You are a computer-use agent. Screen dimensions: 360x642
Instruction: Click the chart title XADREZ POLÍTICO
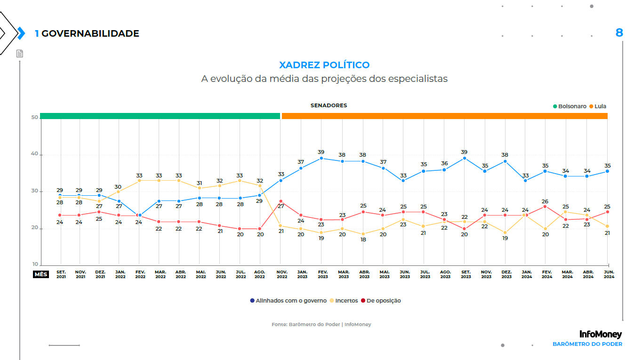coord(324,65)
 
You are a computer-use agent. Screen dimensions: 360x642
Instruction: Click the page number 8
coord(619,32)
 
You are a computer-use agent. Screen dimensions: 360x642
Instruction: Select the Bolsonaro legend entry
coord(570,106)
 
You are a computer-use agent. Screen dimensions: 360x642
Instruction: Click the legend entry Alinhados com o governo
coord(288,301)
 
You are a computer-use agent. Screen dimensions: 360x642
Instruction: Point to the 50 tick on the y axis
coord(34,118)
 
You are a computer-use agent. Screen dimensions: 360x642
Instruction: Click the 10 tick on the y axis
coord(34,264)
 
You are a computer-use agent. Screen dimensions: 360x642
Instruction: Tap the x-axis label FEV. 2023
coord(323,274)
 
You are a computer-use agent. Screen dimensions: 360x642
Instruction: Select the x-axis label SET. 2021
coord(61,274)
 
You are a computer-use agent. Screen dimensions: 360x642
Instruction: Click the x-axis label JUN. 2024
coord(609,274)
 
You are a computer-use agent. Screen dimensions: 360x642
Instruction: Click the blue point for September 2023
coord(465,158)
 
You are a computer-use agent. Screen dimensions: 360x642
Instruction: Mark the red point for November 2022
coord(281,201)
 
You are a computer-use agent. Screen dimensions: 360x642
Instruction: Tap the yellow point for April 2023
coord(363,234)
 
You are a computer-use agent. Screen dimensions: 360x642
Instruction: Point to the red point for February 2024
coord(545,206)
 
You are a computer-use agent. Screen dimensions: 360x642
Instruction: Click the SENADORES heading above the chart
coord(329,105)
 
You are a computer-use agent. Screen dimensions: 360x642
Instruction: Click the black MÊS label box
coord(41,274)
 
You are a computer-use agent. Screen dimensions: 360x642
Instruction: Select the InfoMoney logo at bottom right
coord(601,335)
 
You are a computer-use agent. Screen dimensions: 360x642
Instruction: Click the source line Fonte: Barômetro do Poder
coord(321,325)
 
